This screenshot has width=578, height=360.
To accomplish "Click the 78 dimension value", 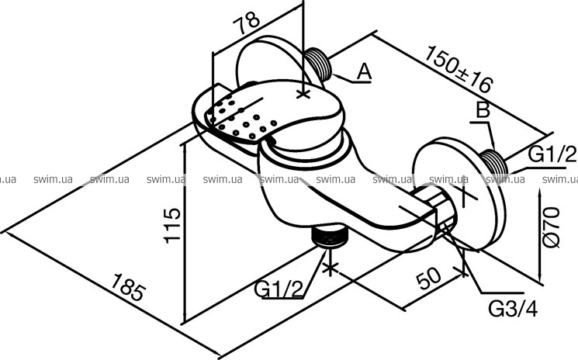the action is pyautogui.click(x=246, y=22).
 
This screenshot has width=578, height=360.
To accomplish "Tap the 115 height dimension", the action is pyautogui.click(x=172, y=226).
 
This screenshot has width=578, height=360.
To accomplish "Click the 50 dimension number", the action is pyautogui.click(x=429, y=279).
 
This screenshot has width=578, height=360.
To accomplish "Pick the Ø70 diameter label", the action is pyautogui.click(x=552, y=227).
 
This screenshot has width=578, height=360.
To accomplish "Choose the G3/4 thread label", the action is pyautogui.click(x=513, y=309).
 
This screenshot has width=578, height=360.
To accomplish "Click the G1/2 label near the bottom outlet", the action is pyautogui.click(x=279, y=289).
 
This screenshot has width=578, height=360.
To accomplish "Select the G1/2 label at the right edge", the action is pyautogui.click(x=552, y=154).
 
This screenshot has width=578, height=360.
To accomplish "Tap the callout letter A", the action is pyautogui.click(x=364, y=71).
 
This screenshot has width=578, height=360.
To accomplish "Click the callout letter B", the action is pyautogui.click(x=483, y=110).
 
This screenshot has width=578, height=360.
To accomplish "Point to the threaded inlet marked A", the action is pyautogui.click(x=319, y=64).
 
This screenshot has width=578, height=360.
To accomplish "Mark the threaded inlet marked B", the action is pyautogui.click(x=495, y=162).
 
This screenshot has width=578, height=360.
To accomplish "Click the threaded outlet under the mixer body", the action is pyautogui.click(x=330, y=236).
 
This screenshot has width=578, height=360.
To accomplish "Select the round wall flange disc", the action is pyautogui.click(x=459, y=194).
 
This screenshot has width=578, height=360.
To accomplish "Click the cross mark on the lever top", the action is pyautogui.click(x=303, y=95).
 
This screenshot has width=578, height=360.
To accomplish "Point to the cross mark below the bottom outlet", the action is pyautogui.click(x=330, y=268).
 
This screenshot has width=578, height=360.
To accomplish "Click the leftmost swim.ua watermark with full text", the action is pyautogui.click(x=53, y=179).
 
